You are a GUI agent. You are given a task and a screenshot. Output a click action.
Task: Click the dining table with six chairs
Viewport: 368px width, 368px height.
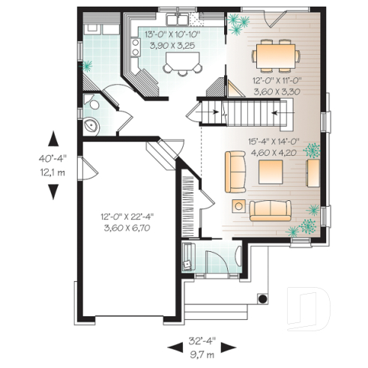click(x=276, y=53)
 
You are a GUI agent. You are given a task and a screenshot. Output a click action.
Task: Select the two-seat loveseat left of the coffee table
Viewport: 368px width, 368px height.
click(x=236, y=170)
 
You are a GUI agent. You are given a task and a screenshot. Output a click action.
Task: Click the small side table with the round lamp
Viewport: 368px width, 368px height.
click(x=239, y=205)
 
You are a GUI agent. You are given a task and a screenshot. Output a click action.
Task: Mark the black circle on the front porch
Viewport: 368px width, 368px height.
click(x=262, y=298)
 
